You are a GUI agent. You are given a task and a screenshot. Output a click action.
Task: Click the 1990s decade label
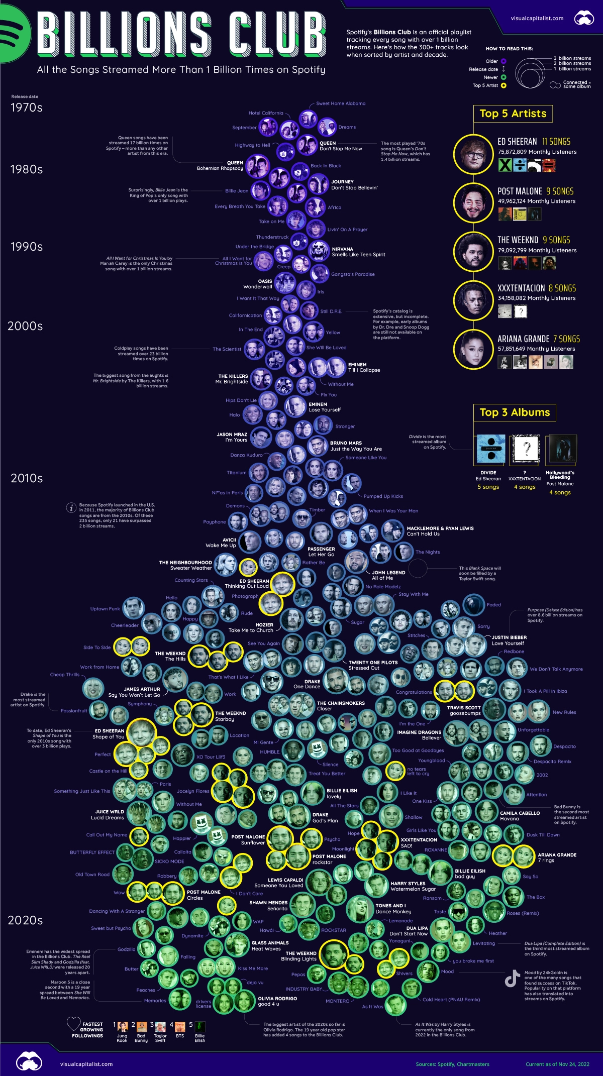(27, 247)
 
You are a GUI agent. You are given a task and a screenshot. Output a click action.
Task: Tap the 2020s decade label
(25, 920)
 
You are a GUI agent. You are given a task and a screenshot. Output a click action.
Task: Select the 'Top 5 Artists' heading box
(513, 114)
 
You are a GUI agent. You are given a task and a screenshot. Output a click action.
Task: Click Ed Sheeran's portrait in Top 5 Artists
(473, 154)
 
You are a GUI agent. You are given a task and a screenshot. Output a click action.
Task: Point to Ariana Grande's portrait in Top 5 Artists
(473, 349)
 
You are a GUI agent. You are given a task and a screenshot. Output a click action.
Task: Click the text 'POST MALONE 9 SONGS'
(535, 191)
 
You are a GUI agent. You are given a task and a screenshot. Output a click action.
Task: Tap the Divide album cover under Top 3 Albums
(490, 449)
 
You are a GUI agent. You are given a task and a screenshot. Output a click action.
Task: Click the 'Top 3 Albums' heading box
(515, 412)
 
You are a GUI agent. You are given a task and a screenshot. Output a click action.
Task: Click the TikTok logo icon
(512, 979)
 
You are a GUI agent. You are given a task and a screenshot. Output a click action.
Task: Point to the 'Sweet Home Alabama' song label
(341, 103)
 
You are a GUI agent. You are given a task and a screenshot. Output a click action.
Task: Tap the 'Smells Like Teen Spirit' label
(358, 255)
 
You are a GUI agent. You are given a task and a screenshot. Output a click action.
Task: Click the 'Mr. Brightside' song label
(232, 382)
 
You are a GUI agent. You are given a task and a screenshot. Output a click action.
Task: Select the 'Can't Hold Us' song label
(423, 534)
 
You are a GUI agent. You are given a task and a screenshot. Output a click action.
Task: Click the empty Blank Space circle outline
(418, 569)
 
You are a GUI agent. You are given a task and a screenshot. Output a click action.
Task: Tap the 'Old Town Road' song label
(92, 875)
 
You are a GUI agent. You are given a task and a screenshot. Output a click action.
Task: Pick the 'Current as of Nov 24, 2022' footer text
(557, 1064)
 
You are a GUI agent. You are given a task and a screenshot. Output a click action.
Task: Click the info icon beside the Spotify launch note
(71, 507)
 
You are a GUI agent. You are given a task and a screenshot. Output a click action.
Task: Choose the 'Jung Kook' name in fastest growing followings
(122, 1038)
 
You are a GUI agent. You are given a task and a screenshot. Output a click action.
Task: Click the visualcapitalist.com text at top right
(537, 18)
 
